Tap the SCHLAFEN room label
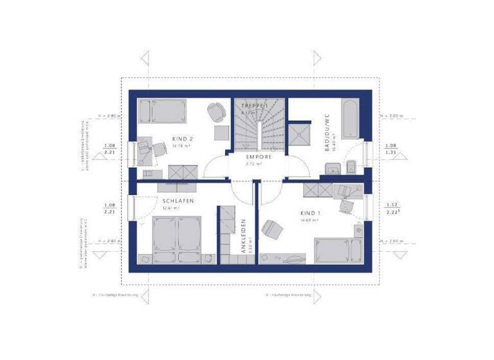tap(176, 201)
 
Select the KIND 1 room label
tap(309, 213)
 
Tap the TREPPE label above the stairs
tap(253, 104)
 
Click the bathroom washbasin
tap(331, 169)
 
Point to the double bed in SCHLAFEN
tap(176, 238)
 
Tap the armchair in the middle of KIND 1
tap(272, 228)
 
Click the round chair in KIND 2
tap(215, 111)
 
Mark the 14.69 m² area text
tap(309, 221)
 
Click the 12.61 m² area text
tap(170, 208)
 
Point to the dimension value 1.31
tap(390, 153)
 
